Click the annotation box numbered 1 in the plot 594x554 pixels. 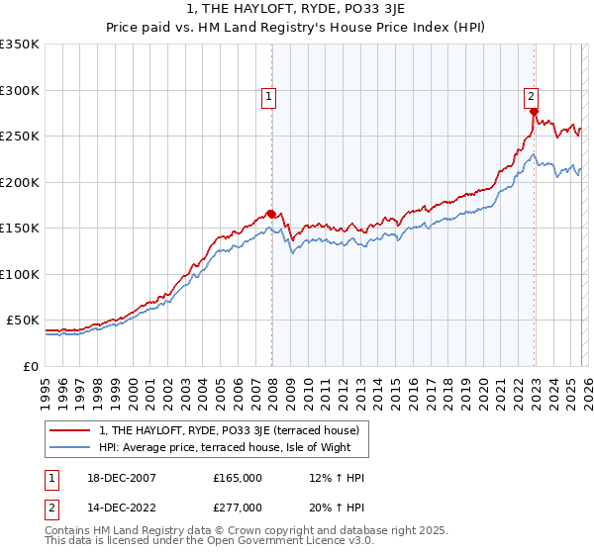point(269,96)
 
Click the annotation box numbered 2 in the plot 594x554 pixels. point(532,96)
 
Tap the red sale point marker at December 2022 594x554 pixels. point(534,111)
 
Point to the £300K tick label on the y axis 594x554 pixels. point(20,90)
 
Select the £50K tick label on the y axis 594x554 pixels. point(23,321)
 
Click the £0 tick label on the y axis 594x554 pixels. point(30,366)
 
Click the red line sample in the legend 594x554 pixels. point(70,429)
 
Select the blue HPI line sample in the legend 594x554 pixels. point(70,448)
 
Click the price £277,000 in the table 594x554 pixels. point(238,507)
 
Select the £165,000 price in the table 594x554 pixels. point(238,477)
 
